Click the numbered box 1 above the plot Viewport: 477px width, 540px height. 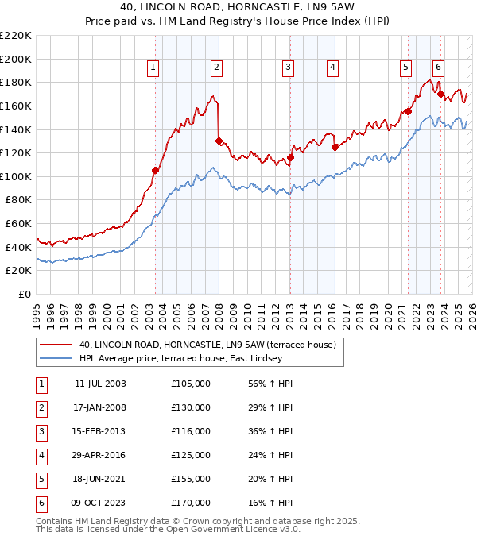[x=153, y=67]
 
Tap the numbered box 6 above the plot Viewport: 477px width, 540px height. [x=438, y=67]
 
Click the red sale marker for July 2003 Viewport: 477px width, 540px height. [x=155, y=170]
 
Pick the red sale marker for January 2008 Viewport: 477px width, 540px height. [x=219, y=141]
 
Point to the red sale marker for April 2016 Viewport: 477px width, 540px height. [x=335, y=147]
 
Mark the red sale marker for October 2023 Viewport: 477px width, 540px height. [x=440, y=94]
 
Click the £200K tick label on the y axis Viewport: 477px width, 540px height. [x=16, y=59]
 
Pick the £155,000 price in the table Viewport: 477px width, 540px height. [x=191, y=479]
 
